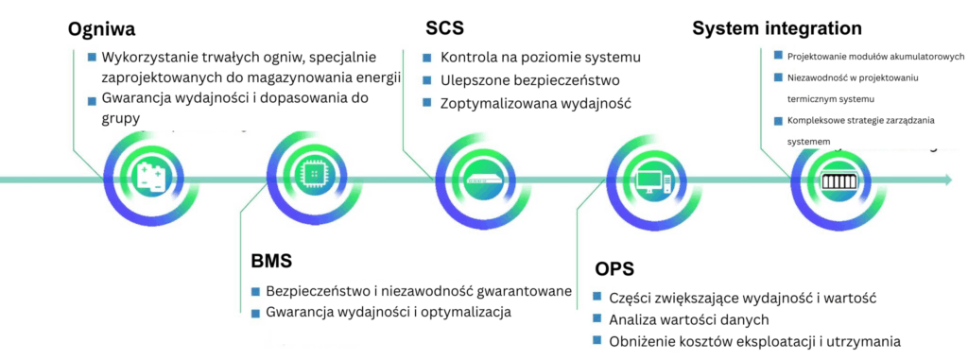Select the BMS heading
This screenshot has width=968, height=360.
(271, 260)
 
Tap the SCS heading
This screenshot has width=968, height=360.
(444, 28)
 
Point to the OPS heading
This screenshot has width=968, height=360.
(614, 268)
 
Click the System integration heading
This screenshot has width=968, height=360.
(777, 28)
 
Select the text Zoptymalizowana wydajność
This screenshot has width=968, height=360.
(535, 102)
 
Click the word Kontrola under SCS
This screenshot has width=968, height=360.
(471, 57)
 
